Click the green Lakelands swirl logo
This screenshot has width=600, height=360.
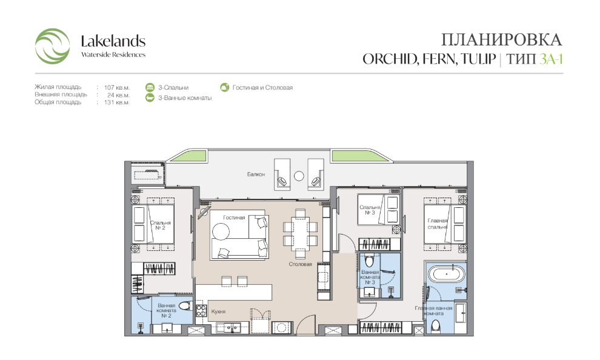(52, 46)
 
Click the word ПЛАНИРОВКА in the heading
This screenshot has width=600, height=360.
(501, 40)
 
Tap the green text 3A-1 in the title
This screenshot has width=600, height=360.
(551, 59)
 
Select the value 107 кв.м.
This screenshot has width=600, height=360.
(117, 88)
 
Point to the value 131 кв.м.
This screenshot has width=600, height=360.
(117, 102)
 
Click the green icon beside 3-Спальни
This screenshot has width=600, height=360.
(150, 88)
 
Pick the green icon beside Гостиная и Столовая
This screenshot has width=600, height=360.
(225, 88)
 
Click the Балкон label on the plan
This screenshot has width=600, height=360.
(256, 175)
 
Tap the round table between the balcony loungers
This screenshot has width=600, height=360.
(299, 176)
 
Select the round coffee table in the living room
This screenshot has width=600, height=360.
(221, 232)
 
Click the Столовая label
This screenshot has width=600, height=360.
(300, 264)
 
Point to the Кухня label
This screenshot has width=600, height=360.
(218, 312)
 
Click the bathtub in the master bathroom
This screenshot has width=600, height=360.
(446, 275)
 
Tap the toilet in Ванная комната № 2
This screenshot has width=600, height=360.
(185, 306)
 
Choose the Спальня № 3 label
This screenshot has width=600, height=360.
(370, 210)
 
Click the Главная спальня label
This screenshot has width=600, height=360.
(438, 224)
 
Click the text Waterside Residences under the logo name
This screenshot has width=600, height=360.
(113, 55)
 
